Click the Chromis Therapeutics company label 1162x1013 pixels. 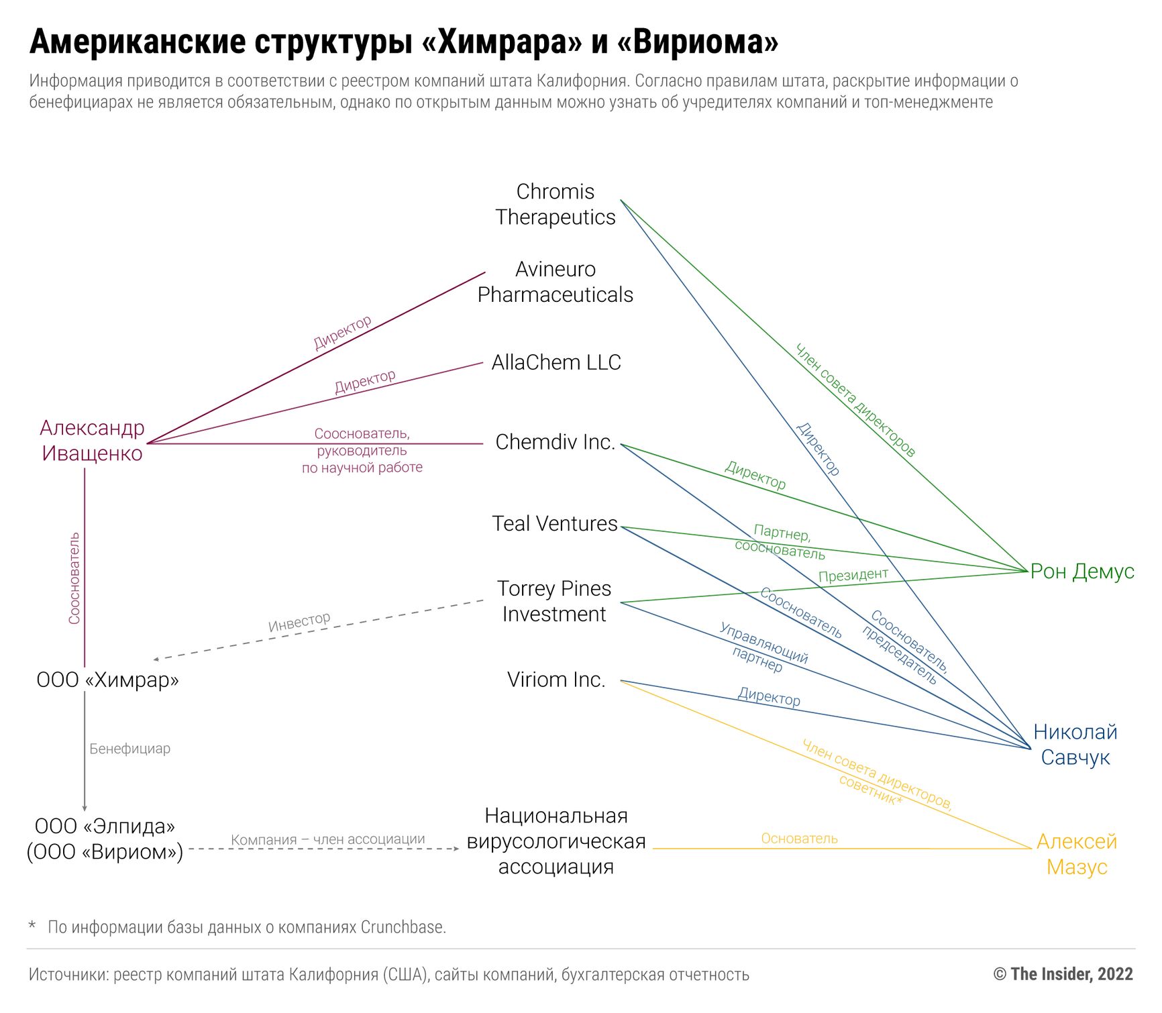pyautogui.click(x=555, y=205)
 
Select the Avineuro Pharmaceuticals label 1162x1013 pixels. pyautogui.click(x=555, y=282)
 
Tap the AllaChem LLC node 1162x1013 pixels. pyautogui.click(x=556, y=362)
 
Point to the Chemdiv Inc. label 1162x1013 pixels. pyautogui.click(x=555, y=442)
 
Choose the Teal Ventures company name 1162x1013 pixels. pyautogui.click(x=554, y=523)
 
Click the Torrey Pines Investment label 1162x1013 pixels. pyautogui.click(x=554, y=601)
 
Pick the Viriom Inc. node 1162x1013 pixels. pyautogui.click(x=556, y=680)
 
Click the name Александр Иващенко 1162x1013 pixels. pyautogui.click(x=92, y=441)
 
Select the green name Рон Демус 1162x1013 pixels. pyautogui.click(x=1081, y=571)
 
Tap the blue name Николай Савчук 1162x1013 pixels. pyautogui.click(x=1075, y=745)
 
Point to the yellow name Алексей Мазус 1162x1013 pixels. pyautogui.click(x=1076, y=854)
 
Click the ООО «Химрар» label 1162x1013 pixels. pyautogui.click(x=107, y=680)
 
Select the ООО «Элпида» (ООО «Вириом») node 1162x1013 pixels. pyautogui.click(x=105, y=839)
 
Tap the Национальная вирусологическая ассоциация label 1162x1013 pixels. pyautogui.click(x=556, y=841)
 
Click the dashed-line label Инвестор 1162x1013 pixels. pyautogui.click(x=299, y=622)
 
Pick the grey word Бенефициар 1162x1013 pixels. pyautogui.click(x=129, y=749)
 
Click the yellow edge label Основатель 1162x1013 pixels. pyautogui.click(x=799, y=839)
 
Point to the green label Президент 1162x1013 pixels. pyautogui.click(x=853, y=575)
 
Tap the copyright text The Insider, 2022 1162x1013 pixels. pyautogui.click(x=1063, y=974)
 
